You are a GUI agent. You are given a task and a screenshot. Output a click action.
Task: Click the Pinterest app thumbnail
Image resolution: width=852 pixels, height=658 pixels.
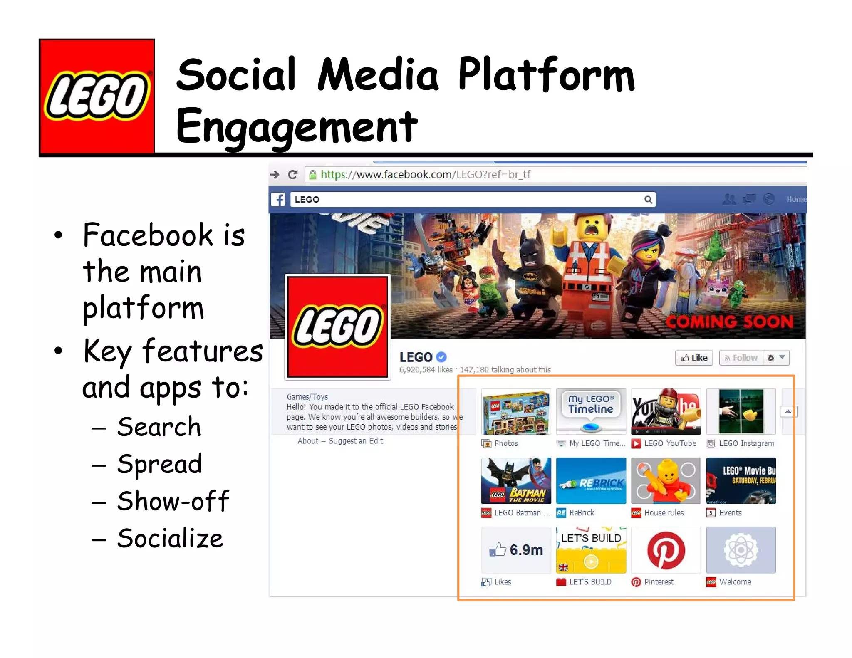click(666, 550)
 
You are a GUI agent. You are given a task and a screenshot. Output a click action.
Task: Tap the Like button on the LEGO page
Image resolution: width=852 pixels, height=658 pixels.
click(694, 358)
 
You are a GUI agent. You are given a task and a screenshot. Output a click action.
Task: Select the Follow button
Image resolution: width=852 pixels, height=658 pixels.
click(741, 358)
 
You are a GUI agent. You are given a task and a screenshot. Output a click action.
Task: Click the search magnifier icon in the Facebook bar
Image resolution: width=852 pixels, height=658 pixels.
click(648, 200)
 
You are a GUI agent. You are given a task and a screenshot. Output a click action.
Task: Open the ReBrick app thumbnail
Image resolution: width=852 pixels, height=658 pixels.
click(591, 481)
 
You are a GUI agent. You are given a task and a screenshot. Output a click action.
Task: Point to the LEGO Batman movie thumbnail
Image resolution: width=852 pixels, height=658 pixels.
click(516, 481)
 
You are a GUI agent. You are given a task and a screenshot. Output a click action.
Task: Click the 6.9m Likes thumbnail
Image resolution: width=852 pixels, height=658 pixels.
click(516, 550)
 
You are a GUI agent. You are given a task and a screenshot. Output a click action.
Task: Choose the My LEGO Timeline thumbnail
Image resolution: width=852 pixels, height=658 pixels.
click(591, 411)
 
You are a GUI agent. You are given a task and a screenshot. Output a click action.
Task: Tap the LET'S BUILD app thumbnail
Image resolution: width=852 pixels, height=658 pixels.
click(591, 550)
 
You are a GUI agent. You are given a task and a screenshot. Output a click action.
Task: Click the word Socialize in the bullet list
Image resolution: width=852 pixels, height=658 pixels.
click(170, 538)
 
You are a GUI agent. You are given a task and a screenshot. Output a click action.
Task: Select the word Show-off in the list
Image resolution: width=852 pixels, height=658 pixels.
click(173, 501)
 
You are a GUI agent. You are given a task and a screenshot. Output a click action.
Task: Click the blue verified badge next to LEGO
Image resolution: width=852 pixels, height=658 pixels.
click(441, 357)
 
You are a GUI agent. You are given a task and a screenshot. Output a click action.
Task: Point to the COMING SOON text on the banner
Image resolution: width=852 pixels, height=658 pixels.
click(729, 322)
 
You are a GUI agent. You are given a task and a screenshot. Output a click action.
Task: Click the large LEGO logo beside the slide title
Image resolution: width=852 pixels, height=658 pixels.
click(97, 96)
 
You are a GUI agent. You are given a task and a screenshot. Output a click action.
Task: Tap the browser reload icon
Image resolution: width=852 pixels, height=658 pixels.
click(293, 174)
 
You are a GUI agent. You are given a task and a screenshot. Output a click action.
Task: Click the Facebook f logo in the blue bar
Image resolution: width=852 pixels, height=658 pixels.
click(278, 200)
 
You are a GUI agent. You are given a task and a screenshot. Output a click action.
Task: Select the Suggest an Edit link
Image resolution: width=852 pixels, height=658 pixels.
click(356, 441)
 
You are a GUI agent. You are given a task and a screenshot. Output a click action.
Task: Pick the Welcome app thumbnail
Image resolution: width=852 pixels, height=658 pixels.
click(741, 550)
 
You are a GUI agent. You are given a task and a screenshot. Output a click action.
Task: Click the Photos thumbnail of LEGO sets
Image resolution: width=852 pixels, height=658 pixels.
click(516, 411)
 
